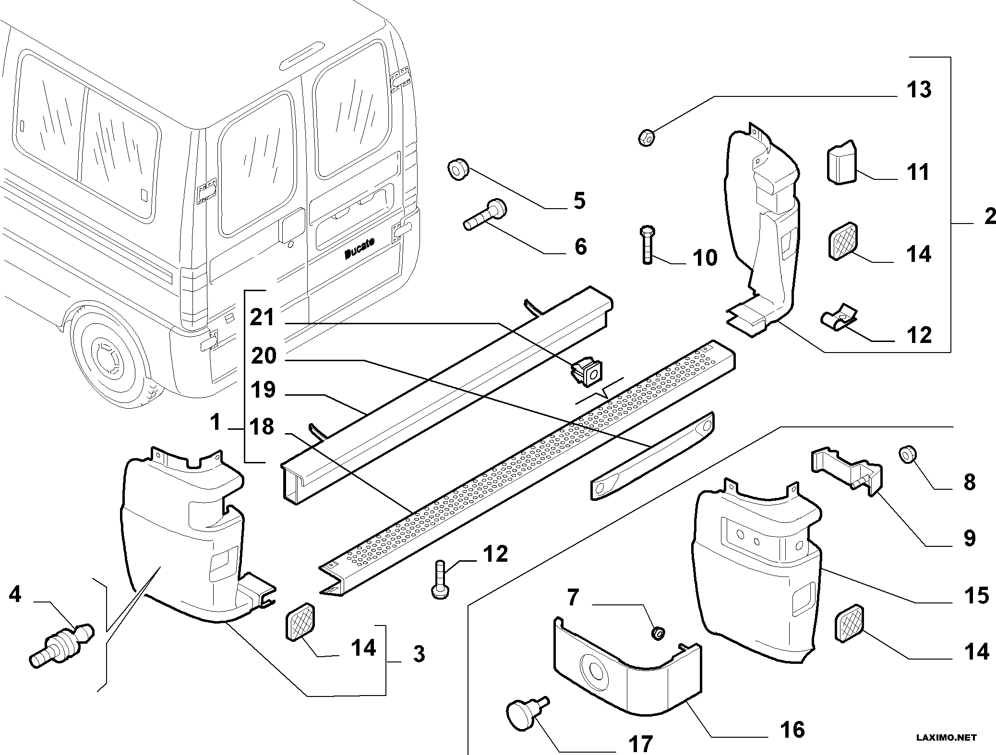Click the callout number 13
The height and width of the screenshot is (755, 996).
919,89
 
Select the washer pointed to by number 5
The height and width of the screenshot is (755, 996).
458,170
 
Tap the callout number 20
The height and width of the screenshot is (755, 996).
264,356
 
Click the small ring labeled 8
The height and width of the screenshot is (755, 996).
906,453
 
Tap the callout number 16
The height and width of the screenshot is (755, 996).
792,730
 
